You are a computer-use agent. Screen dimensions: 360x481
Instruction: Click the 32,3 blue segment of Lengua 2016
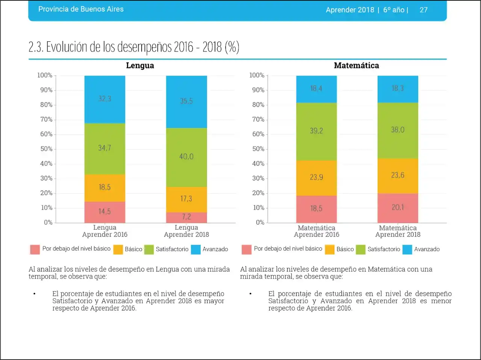coord(105,99)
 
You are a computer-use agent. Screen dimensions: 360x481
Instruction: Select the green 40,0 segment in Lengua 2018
coord(186,157)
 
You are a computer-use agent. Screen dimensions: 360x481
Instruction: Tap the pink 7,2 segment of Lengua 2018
coord(186,217)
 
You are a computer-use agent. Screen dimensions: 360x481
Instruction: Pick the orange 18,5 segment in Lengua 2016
coord(105,187)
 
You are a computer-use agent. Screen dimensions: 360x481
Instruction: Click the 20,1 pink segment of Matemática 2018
coord(398,208)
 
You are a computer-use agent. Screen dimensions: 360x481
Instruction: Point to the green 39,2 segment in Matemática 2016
coord(316,131)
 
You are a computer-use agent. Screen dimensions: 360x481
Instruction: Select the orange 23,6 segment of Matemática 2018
coord(398,175)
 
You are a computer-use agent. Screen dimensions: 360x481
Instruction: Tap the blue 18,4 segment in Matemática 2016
coord(316,89)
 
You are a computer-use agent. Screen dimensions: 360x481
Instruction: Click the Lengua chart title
coord(140,66)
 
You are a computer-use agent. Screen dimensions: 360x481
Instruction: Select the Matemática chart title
coord(356,66)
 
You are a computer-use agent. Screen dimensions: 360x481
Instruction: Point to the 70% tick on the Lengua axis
coord(46,119)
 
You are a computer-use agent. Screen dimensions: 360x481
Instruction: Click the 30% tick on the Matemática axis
coord(258,178)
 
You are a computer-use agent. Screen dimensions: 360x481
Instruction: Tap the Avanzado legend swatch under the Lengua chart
coord(196,250)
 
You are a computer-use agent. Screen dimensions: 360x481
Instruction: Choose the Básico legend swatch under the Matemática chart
coord(330,250)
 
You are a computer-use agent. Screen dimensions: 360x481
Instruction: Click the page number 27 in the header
coord(424,10)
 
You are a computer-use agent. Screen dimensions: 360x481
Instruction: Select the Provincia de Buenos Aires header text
coord(81,9)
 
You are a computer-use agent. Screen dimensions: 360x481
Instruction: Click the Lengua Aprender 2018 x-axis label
coord(186,231)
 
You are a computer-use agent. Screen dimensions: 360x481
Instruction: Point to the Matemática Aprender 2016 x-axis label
coord(316,231)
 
